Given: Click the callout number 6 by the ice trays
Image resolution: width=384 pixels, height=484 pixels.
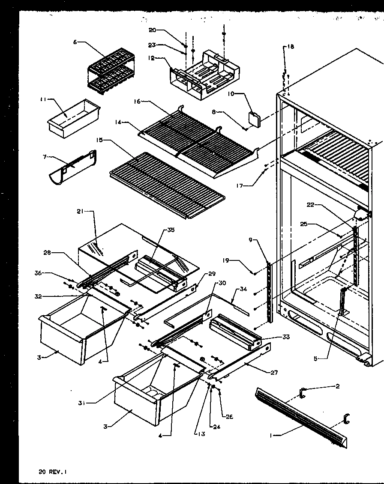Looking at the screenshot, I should tap(75, 42).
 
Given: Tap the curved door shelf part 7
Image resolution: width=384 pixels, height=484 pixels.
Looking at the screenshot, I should tap(72, 169).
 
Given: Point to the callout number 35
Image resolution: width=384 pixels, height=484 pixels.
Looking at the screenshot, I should tap(171, 230).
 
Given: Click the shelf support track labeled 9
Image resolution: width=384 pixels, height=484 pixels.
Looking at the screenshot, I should tap(269, 291).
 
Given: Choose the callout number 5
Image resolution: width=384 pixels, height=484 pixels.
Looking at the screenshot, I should tap(316, 359).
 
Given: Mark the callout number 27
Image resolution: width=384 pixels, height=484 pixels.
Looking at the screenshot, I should tap(274, 373).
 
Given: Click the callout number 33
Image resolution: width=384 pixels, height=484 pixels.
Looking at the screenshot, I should tap(286, 337).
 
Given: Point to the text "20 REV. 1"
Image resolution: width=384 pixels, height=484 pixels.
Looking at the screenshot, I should tap(53, 472).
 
